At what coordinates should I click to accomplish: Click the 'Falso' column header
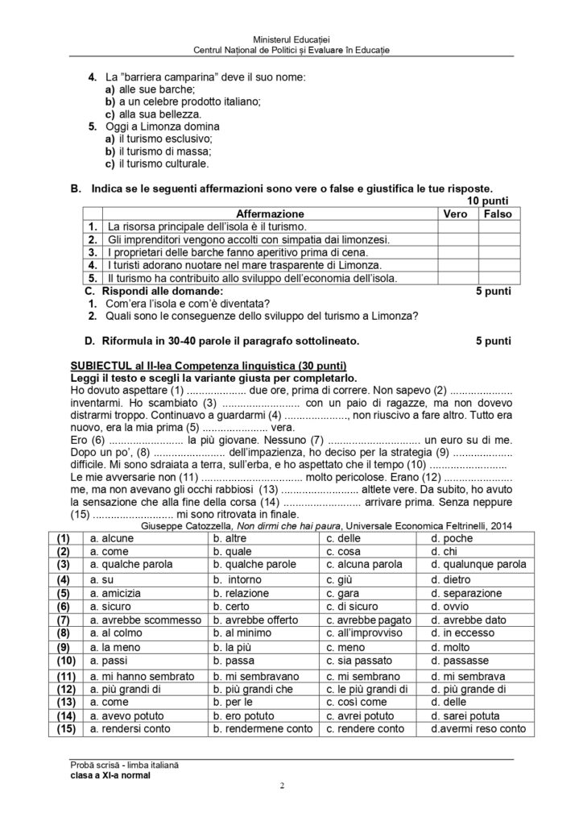498,214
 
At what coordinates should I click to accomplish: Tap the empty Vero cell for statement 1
457,227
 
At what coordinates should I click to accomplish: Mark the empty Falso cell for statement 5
498,278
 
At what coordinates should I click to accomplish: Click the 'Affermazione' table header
270,214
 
